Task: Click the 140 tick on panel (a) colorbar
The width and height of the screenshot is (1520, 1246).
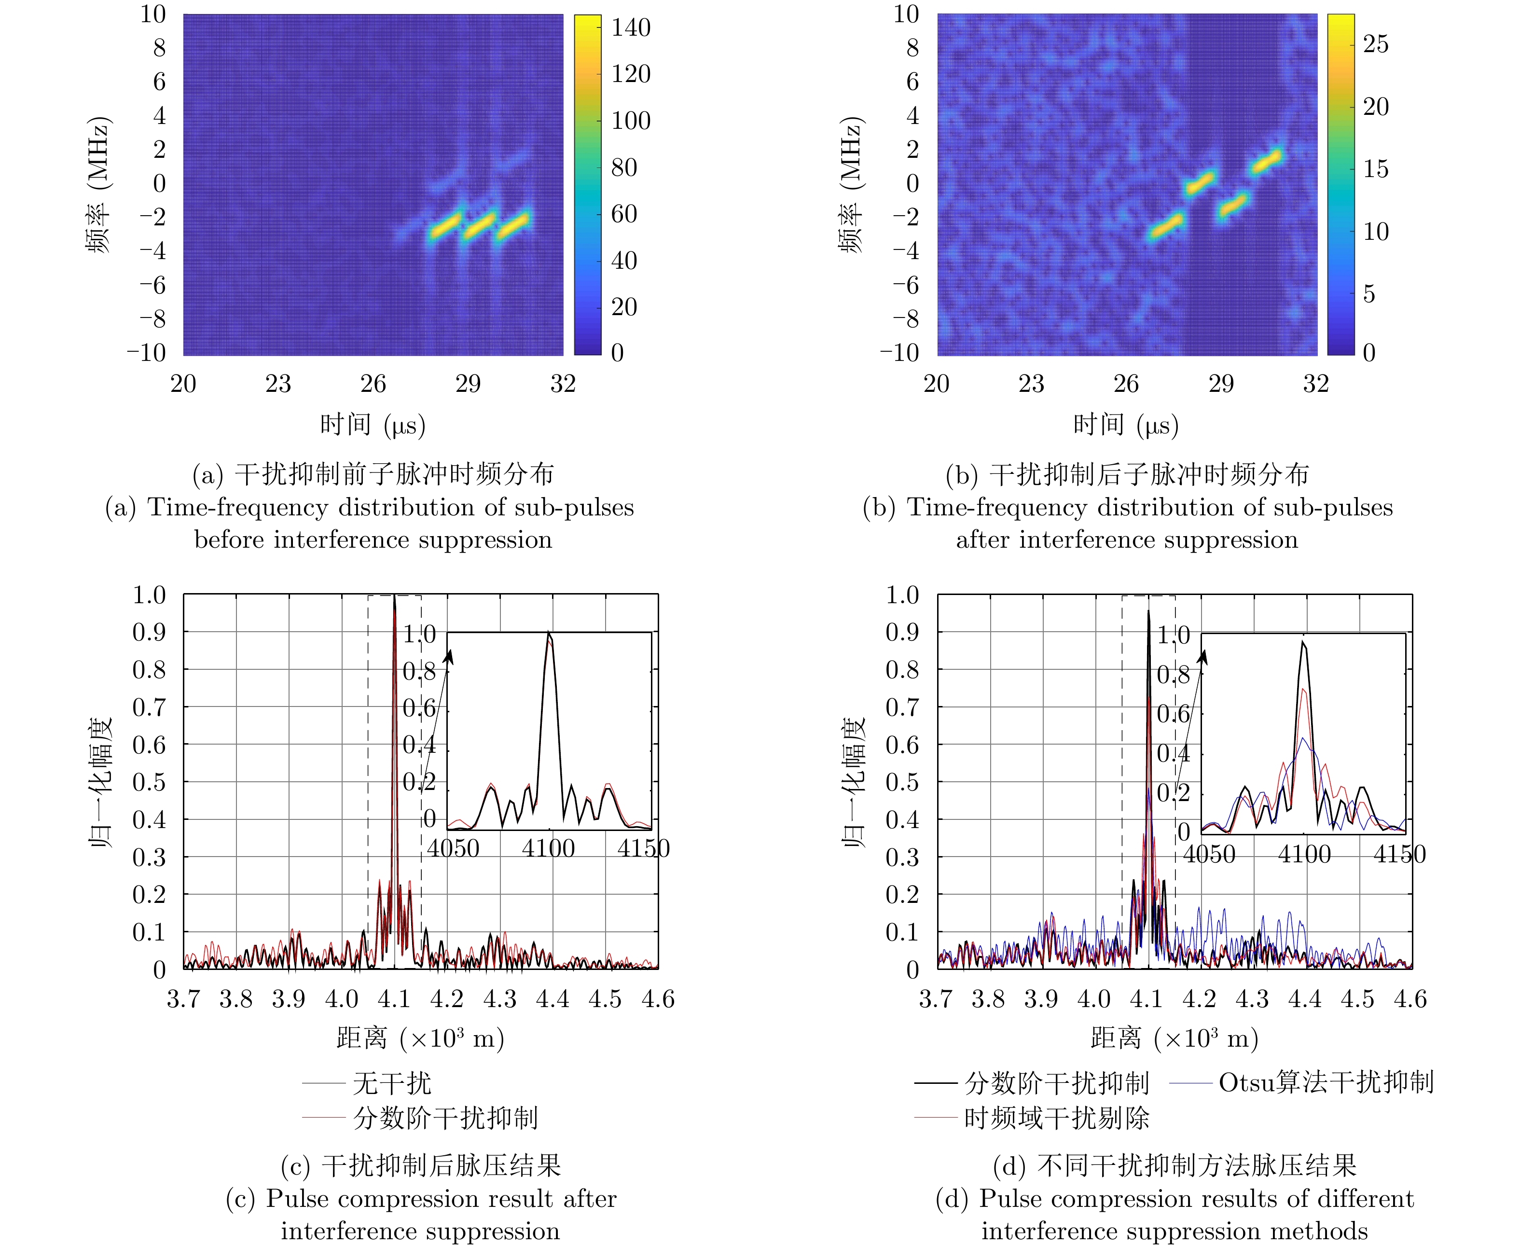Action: (x=630, y=28)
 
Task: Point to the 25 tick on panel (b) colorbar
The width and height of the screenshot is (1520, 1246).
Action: (x=1375, y=44)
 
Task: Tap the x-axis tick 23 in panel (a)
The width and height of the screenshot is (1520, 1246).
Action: (x=278, y=384)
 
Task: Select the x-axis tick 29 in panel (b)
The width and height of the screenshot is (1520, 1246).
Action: (x=1221, y=384)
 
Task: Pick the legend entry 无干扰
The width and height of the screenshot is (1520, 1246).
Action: (x=392, y=1083)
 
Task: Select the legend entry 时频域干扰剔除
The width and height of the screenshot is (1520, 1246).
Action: (x=1056, y=1118)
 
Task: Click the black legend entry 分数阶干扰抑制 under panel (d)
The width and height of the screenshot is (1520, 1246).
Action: (x=1056, y=1083)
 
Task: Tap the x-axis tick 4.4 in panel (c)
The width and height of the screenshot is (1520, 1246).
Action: (x=552, y=999)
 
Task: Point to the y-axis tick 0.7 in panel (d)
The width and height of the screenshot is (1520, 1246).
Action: (x=901, y=708)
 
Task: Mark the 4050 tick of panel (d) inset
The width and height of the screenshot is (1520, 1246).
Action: (x=1209, y=855)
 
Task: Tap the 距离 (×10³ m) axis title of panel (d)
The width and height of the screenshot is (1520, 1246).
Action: (x=1174, y=1038)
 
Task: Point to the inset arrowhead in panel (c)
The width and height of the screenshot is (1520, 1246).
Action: (x=450, y=656)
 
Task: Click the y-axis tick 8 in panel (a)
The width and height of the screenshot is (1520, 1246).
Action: (x=159, y=48)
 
